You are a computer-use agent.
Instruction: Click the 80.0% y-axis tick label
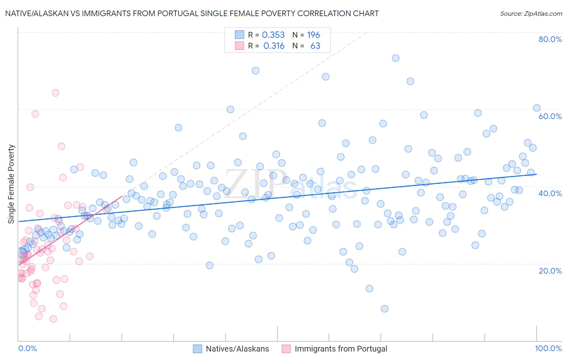pos(550,39)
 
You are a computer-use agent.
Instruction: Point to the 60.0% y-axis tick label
pos(550,116)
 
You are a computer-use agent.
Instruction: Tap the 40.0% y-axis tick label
pos(550,193)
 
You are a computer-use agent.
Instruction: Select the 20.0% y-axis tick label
pos(550,270)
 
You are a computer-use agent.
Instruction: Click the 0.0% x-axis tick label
pos(27,348)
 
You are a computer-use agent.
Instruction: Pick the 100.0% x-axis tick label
pos(548,348)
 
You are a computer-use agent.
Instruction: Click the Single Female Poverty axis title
pos(11,184)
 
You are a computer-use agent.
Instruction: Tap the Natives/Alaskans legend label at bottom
pos(237,349)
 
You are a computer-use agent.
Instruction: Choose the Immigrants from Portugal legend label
pos(341,349)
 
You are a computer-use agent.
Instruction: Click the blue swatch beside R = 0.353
pos(240,35)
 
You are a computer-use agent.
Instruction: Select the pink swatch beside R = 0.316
pos(240,46)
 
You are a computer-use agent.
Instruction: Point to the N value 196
pos(313,35)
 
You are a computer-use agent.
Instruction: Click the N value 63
pos(315,46)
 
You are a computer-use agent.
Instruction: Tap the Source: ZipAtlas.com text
pos(531,14)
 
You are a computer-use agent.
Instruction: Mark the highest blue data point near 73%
pos(396,58)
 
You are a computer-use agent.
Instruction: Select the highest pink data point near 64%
pos(55,93)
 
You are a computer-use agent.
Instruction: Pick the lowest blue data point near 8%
pos(384,309)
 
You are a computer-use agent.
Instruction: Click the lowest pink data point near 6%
pos(53,319)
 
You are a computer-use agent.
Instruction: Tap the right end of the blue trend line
pos(537,174)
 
